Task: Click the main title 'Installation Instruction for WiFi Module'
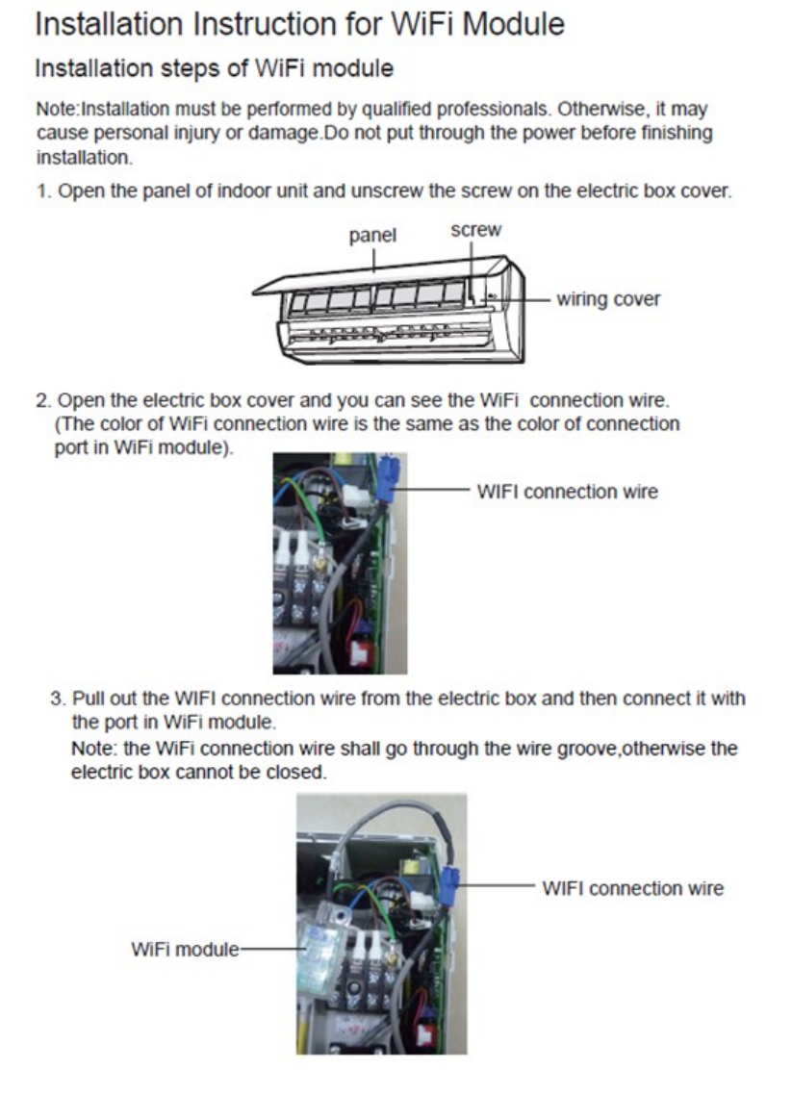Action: coord(299,25)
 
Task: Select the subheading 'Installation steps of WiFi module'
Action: coord(214,69)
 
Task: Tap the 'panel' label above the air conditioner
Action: coord(372,235)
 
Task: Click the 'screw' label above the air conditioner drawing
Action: coord(475,230)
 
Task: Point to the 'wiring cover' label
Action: coord(609,299)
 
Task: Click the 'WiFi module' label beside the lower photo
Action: coord(184,949)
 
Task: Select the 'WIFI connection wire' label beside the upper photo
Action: coord(568,492)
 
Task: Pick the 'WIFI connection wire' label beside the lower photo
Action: coord(632,888)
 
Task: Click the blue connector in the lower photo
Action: coord(450,880)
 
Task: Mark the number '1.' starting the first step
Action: coord(43,191)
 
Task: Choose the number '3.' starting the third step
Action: coord(58,699)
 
